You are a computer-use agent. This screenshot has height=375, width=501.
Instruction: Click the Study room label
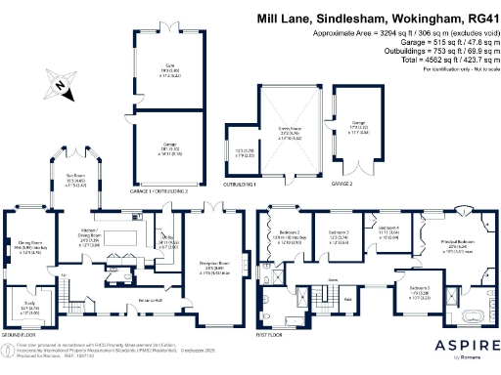click(x=28, y=311)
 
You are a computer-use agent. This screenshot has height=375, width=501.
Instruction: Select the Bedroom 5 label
click(x=420, y=291)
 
